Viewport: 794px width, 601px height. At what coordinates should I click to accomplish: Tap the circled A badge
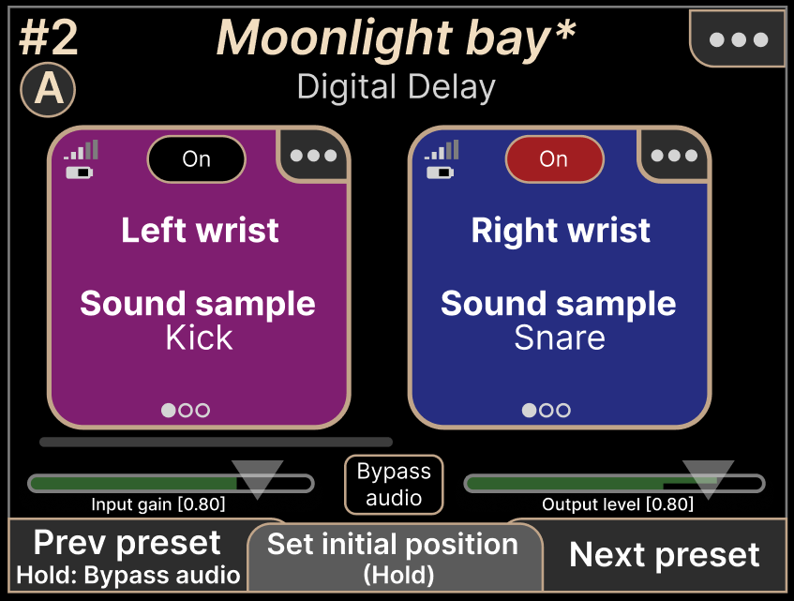point(48,90)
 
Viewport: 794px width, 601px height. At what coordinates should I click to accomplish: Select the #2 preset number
point(49,38)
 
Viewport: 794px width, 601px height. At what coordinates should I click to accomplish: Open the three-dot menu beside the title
point(739,39)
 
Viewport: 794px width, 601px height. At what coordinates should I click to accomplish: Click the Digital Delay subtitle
point(396,87)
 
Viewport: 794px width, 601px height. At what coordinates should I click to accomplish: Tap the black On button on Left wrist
point(197,159)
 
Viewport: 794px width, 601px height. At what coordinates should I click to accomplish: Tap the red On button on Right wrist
point(554,159)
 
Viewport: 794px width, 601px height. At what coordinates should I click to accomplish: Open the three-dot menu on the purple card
point(313,156)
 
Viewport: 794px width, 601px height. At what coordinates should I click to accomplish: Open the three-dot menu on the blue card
point(674,156)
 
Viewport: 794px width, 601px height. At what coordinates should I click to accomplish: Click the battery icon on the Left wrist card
point(80,173)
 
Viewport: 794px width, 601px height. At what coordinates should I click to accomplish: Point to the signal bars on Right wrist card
point(442,150)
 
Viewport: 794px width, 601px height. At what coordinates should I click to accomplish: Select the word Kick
point(199,338)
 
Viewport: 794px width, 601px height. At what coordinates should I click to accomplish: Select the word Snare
point(560,338)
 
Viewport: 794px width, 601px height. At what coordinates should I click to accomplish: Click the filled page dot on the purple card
point(169,410)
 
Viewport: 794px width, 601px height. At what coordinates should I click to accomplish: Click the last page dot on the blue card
point(563,410)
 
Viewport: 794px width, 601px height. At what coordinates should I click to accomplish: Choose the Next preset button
point(665,555)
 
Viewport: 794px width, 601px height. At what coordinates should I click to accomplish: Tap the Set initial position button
point(395,557)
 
